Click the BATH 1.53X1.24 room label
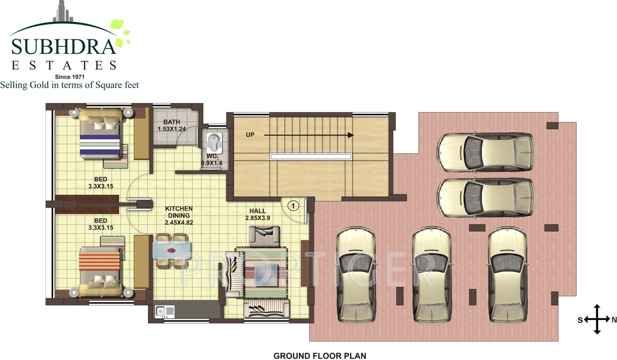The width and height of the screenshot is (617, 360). (172, 125)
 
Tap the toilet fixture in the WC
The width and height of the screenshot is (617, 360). (214, 141)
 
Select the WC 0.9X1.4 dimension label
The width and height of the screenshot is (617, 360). (211, 159)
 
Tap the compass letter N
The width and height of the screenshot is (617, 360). (614, 320)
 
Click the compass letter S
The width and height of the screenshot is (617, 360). (580, 320)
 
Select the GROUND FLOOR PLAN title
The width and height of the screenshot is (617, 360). (320, 356)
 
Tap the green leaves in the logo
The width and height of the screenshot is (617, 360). (119, 33)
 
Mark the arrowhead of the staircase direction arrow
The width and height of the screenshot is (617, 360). (350, 135)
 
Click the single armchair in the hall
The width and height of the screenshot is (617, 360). (264, 235)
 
